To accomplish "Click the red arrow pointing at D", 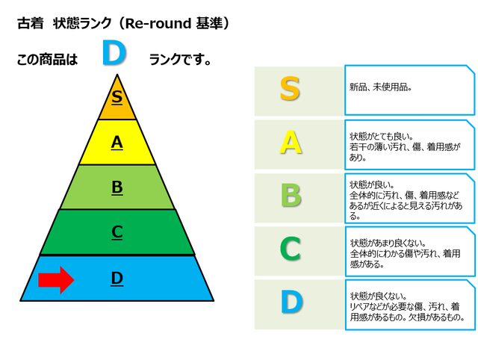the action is [57, 280].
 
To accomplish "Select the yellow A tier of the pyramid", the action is [117, 142].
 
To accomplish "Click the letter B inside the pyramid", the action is [117, 187].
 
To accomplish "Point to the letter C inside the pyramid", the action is [117, 232].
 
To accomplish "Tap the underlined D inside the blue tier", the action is [117, 279].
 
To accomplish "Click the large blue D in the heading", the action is [114, 54].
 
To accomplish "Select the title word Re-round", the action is [158, 23].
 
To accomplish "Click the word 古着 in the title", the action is [30, 23].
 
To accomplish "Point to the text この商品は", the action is [48, 60].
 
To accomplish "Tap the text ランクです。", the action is [180, 60].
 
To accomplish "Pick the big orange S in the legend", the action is [290, 89].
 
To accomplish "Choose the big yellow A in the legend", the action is [291, 142].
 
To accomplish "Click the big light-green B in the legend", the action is [291, 196].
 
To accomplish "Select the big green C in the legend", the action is [291, 249].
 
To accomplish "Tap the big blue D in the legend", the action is [292, 302].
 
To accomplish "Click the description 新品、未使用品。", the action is [381, 87].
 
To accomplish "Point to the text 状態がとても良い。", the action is [382, 136].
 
